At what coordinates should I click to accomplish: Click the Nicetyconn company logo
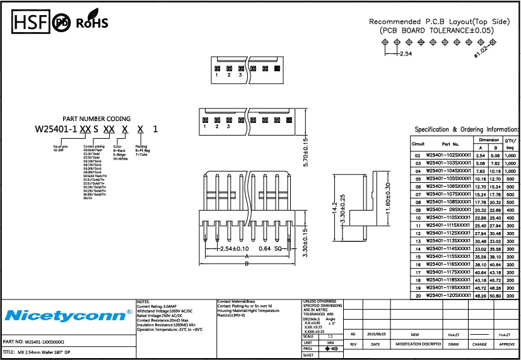pyautogui.click(x=65, y=315)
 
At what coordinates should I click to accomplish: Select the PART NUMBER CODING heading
pyautogui.click(x=97, y=119)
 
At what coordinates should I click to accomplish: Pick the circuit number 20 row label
pyautogui.click(x=417, y=295)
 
